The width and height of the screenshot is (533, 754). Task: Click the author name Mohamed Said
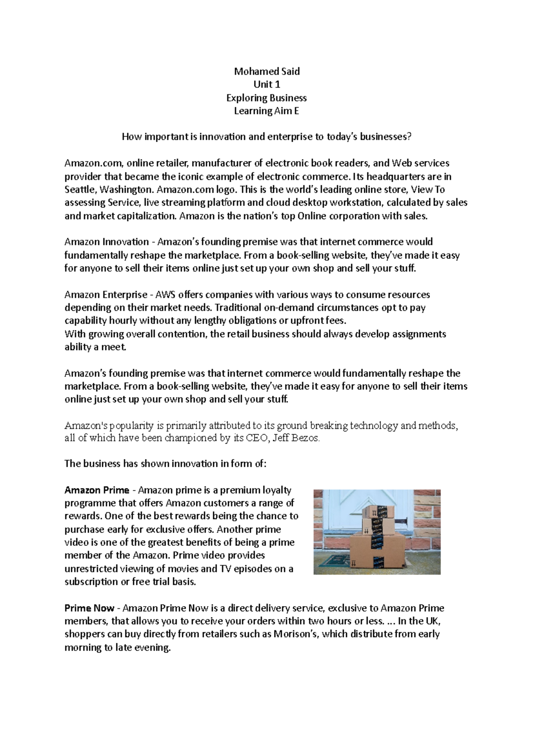point(267,71)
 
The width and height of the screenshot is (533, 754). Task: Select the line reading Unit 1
point(267,85)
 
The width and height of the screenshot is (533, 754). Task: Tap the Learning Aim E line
point(267,111)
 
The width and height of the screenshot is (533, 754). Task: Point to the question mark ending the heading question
point(409,137)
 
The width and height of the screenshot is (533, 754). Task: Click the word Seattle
point(80,190)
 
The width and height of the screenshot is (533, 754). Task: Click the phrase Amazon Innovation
point(107,242)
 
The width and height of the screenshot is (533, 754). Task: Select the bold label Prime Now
point(89,608)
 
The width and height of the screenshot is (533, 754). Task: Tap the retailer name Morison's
point(295,634)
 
